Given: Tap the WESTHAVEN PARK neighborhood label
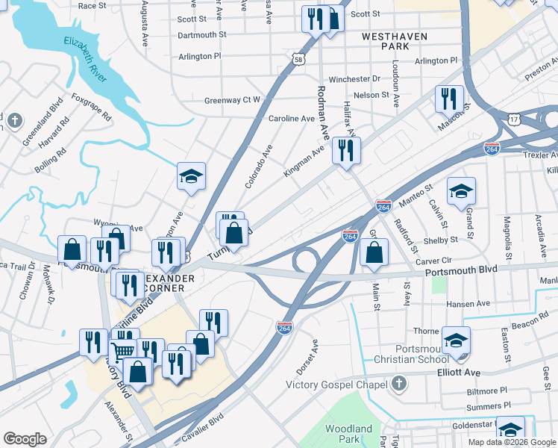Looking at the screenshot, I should [x=386, y=40].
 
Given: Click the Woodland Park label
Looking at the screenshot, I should [x=348, y=434].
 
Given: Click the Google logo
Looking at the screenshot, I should [x=25, y=438].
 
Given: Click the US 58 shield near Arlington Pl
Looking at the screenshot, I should [x=298, y=59].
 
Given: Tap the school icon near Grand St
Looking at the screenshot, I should [x=461, y=191].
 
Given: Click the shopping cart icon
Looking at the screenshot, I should [x=122, y=349].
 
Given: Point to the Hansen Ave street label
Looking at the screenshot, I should [x=467, y=304].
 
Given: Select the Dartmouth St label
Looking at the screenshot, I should [x=202, y=35].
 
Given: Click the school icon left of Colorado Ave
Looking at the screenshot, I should [x=191, y=176].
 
